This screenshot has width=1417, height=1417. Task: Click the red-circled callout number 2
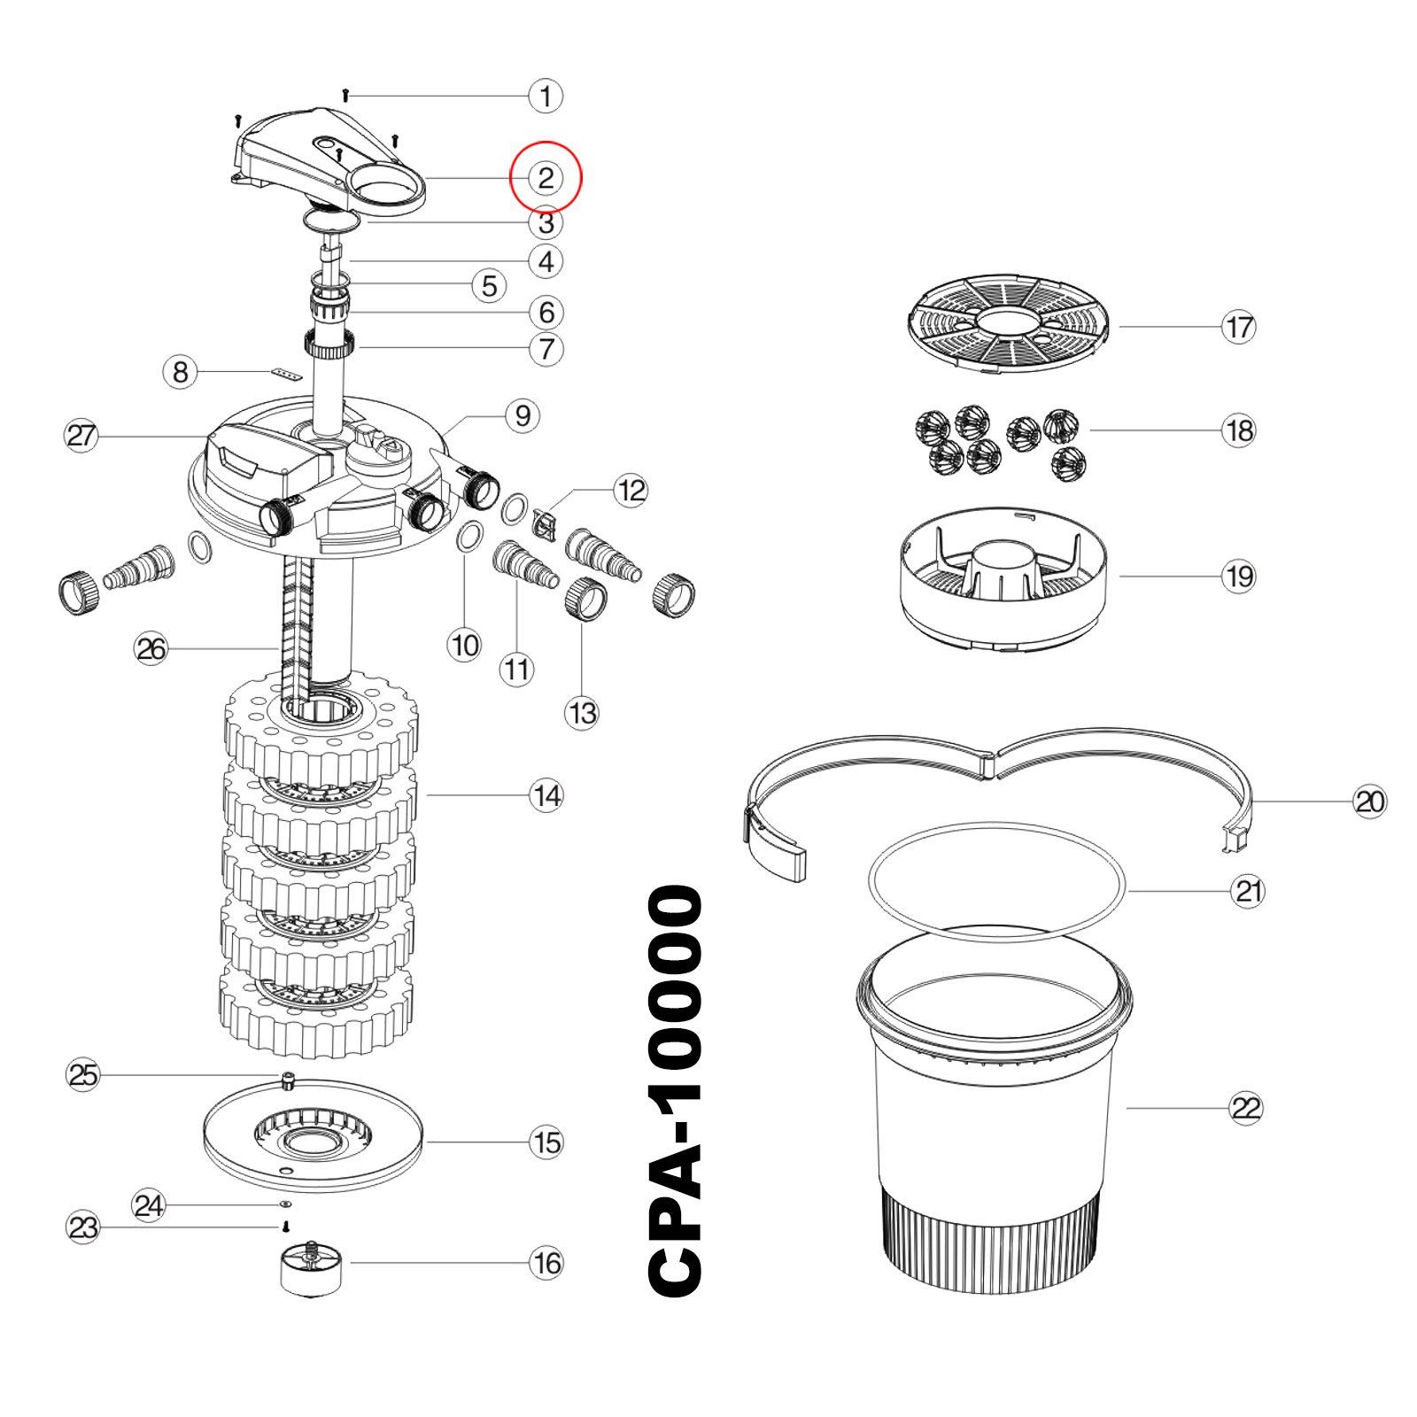point(546,178)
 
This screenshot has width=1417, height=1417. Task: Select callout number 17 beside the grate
point(1239,327)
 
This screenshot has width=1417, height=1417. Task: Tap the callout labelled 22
point(1246,1108)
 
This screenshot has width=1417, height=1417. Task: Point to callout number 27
point(81,436)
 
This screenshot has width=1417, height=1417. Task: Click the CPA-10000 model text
point(677,1092)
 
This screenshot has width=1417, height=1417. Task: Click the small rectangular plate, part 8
point(284,375)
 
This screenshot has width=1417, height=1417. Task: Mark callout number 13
point(583,712)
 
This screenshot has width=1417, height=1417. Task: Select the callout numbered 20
point(1370,801)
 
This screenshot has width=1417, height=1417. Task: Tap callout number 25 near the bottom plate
point(84,1075)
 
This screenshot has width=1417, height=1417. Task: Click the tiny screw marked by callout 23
point(286,1227)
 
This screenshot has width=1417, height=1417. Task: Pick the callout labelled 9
point(523,414)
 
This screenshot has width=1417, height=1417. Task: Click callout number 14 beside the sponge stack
point(546,795)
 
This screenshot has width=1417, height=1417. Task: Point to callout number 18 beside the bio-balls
point(1239,430)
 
